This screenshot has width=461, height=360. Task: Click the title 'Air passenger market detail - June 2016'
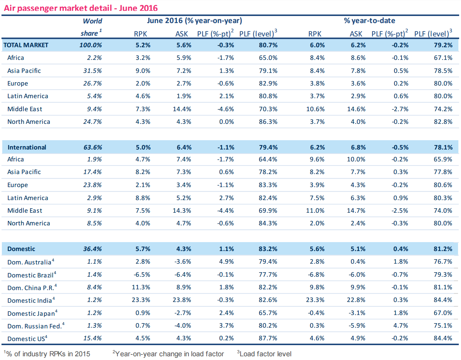click(81, 8)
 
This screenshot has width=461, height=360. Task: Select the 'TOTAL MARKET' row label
click(26, 45)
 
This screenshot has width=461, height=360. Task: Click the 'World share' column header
click(91, 27)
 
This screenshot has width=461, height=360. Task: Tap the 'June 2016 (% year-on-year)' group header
click(194, 20)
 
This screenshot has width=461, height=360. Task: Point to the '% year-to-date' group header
click(369, 20)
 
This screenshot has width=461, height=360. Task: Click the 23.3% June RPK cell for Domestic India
click(141, 300)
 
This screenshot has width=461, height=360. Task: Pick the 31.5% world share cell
click(93, 71)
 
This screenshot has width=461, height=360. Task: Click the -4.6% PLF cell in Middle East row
click(226, 109)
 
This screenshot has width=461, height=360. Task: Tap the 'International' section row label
click(27, 147)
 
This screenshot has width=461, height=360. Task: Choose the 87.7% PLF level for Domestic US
click(268, 338)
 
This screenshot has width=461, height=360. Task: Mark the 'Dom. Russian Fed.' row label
click(35, 326)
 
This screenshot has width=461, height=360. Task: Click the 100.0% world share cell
click(91, 45)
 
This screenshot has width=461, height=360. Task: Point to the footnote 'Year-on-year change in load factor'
click(170, 354)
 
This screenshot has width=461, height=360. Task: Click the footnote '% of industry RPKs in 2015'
click(48, 354)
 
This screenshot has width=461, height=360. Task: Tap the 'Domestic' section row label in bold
click(21, 249)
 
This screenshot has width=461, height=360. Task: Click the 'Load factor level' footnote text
click(265, 354)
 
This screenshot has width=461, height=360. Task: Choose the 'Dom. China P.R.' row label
click(31, 288)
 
